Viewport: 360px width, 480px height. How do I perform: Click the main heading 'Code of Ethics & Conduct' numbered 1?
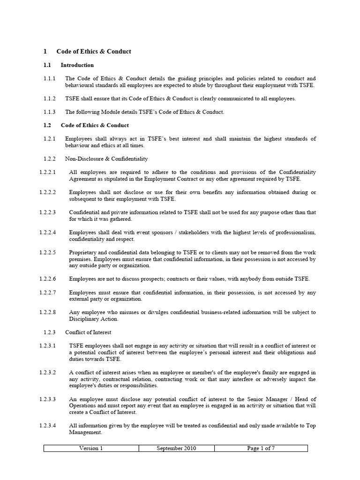[x=94, y=51]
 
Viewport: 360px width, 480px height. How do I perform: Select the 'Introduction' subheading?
[x=77, y=65]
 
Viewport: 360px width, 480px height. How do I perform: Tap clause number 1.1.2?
[x=49, y=98]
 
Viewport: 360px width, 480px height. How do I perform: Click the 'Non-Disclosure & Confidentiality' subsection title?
[x=106, y=159]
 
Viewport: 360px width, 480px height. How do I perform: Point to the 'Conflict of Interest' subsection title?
[x=88, y=332]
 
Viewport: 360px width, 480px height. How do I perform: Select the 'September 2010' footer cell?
[x=177, y=448]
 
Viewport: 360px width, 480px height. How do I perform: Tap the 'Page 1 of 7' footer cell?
[x=261, y=448]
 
